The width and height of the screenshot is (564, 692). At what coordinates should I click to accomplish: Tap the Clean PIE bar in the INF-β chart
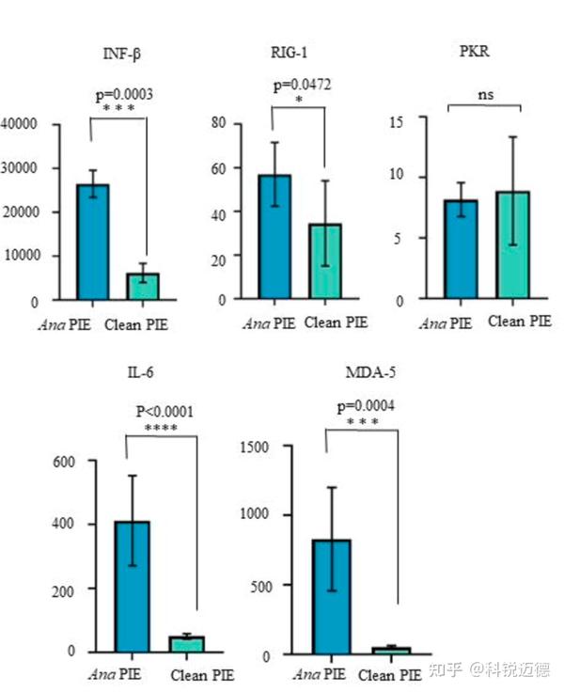(x=144, y=286)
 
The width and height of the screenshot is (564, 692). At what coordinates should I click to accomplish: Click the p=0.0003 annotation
(x=124, y=94)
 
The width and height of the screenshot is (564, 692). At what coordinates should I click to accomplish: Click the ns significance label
(x=484, y=94)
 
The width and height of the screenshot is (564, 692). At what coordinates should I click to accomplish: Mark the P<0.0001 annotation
(x=167, y=411)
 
